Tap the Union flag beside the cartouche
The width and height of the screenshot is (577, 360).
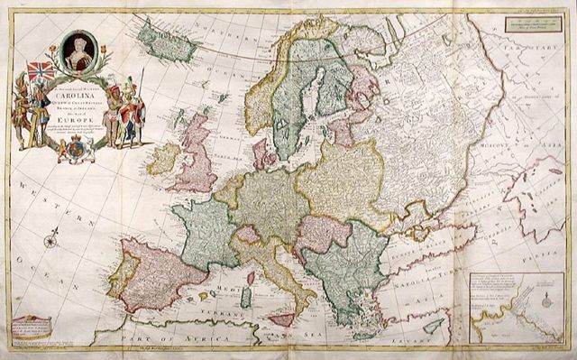[41, 71]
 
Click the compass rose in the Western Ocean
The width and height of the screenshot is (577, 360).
[52, 240]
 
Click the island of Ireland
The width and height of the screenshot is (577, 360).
[164, 159]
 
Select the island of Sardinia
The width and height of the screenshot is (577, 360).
[246, 297]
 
